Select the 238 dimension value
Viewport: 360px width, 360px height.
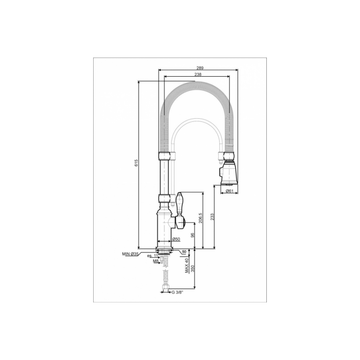click(198, 75)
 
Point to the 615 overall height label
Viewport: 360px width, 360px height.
click(136, 163)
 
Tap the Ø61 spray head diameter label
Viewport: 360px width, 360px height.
click(229, 191)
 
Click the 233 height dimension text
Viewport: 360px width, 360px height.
click(212, 217)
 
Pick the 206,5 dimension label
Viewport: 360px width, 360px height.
click(200, 218)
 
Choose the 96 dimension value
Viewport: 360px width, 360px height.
click(193, 235)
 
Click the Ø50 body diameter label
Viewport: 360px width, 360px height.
click(176, 239)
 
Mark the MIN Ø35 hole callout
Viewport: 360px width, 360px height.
click(130, 254)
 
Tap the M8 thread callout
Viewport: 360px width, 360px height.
click(156, 261)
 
